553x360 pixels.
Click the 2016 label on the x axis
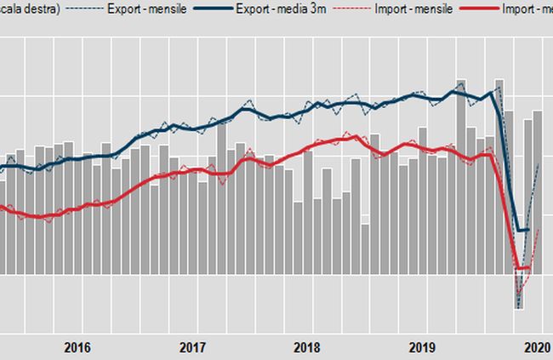coord(77,347)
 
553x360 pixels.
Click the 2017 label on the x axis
coord(193,347)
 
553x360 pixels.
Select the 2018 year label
coord(307,347)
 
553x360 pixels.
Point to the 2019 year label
coord(423,347)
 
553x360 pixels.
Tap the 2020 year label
coord(536,347)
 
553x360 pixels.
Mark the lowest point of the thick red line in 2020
coord(518,270)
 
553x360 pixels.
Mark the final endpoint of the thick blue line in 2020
coord(528,230)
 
